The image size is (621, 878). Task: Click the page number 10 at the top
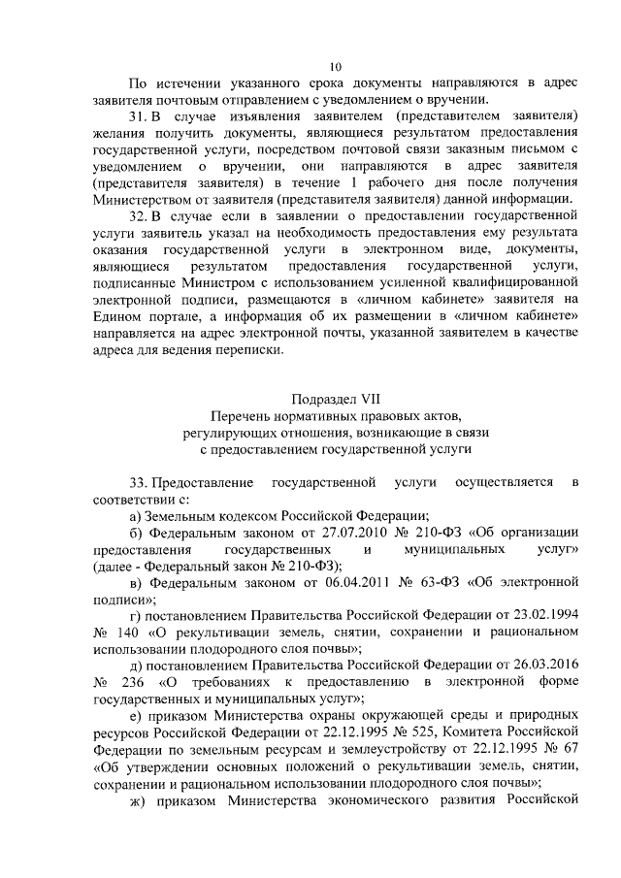[x=335, y=67]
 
